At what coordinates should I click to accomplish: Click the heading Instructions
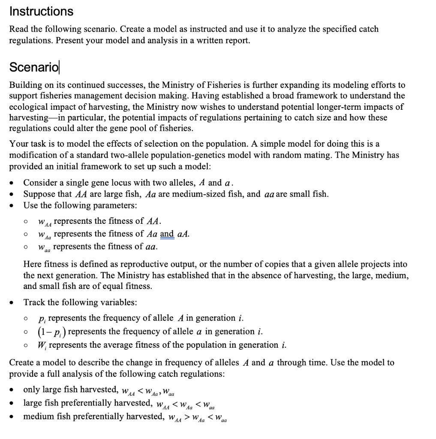point(41,11)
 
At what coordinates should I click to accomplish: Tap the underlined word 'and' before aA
point(167,234)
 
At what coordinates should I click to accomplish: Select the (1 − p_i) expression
point(51,331)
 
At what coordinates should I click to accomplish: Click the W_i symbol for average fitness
point(42,345)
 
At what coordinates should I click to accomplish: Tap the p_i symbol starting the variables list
point(42,319)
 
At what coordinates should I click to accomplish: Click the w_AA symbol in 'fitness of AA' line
point(45,222)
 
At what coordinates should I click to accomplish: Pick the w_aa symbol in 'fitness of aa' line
point(44,247)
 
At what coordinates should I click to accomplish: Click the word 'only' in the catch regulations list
point(32,390)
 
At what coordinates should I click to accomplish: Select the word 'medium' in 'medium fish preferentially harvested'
point(38,416)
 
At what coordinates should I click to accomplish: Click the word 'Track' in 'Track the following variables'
point(34,302)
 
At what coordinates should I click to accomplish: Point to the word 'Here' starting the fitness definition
point(32,265)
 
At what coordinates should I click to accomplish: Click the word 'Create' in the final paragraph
point(22,363)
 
